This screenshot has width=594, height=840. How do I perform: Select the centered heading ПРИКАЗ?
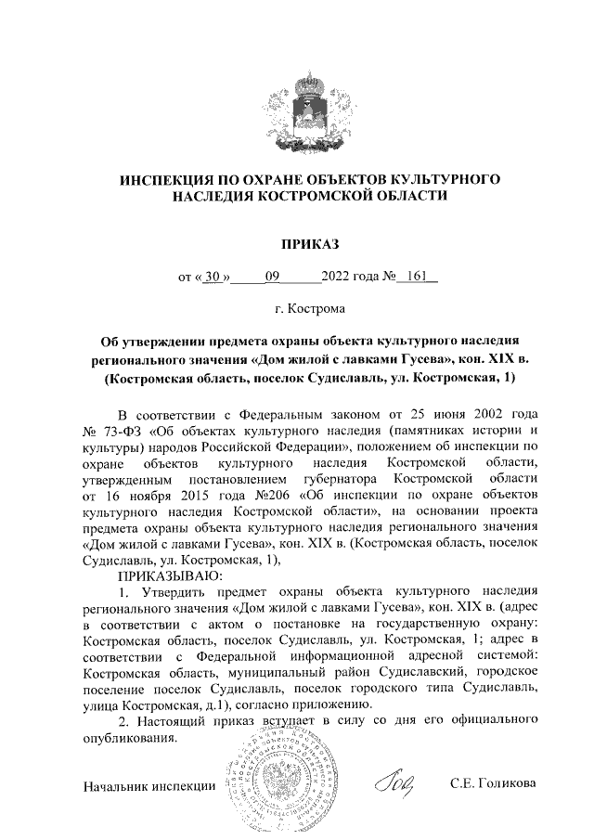297,244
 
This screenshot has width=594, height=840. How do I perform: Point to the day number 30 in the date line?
214,276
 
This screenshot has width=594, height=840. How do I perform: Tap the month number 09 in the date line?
272,276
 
